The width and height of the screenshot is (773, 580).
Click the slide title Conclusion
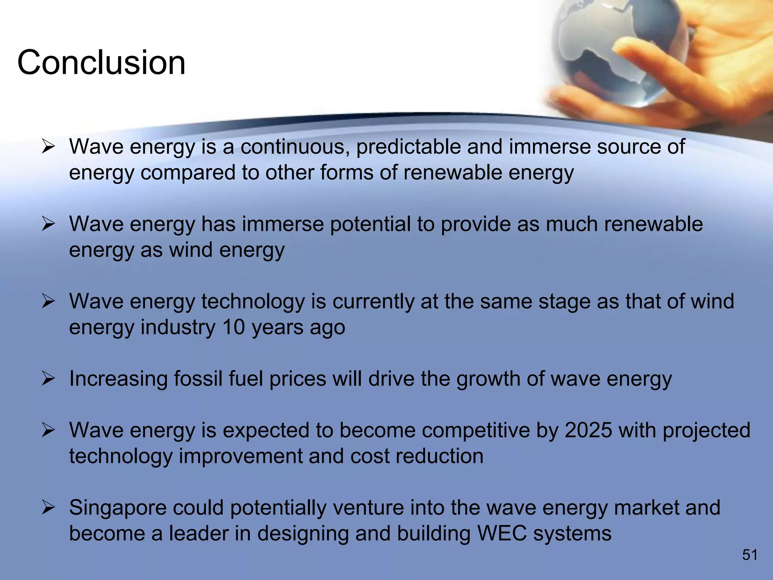point(101,62)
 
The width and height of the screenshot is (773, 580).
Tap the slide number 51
point(750,555)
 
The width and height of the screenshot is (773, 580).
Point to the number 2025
point(588,430)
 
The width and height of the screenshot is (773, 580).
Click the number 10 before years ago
point(234,327)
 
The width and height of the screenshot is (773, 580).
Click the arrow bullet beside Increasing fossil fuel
point(49,378)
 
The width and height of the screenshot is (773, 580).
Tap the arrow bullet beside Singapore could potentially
point(49,507)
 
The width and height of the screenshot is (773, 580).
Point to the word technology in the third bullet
point(253,302)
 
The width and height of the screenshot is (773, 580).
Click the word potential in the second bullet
point(370,224)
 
